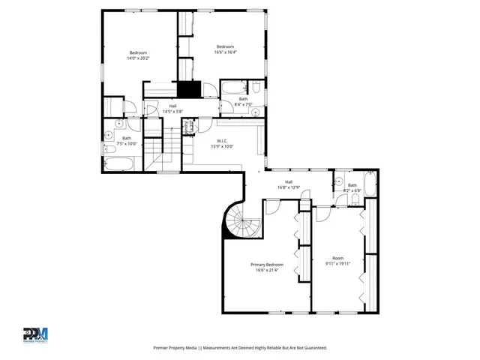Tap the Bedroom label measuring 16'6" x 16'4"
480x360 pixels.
pyautogui.click(x=225, y=49)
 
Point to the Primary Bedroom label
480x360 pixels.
pyautogui.click(x=267, y=268)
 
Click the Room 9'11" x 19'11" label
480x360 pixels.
pyautogui.click(x=338, y=262)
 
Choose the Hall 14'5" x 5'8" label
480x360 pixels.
pyautogui.click(x=172, y=109)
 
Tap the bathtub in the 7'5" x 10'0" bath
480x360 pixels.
pyautogui.click(x=118, y=164)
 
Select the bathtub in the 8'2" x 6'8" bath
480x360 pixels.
pyautogui.click(x=371, y=184)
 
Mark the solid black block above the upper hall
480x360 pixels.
pyautogui.click(x=188, y=89)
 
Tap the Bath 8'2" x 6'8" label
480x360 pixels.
pyautogui.click(x=352, y=188)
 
